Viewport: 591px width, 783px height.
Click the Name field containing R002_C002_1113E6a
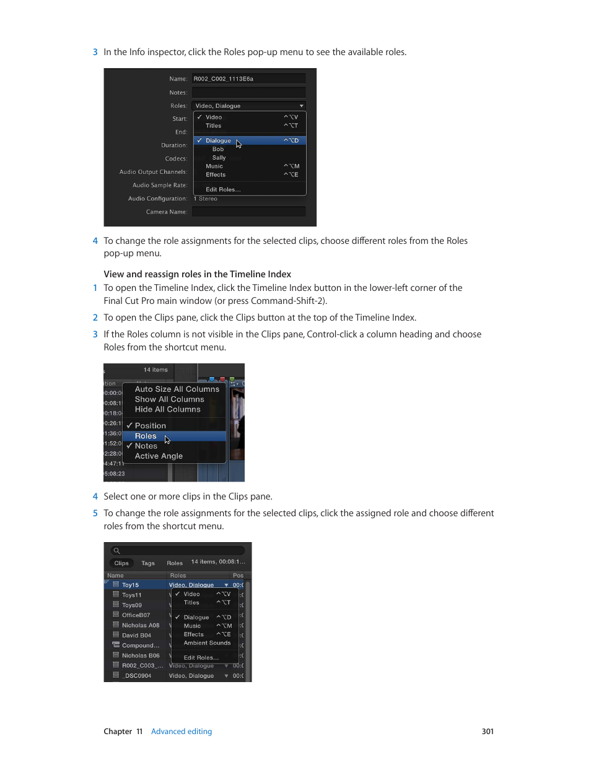point(248,79)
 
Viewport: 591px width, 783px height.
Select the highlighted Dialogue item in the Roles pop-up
point(218,141)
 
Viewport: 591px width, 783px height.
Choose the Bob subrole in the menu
point(218,149)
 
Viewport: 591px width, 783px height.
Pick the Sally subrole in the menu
point(219,158)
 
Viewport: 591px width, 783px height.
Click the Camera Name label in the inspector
point(166,212)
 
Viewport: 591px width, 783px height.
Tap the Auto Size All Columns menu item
point(177,389)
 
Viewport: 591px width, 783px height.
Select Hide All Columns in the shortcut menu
point(168,410)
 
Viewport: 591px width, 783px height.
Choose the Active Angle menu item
point(159,456)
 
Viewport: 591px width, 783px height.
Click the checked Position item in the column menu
point(151,426)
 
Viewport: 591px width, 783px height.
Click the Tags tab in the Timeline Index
point(148,563)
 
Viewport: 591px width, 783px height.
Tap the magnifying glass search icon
point(116,551)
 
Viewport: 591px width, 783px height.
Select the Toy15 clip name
point(131,585)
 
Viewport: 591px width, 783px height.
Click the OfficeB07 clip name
point(136,615)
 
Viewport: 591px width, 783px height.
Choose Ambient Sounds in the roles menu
point(207,643)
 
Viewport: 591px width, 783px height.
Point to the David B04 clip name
point(136,635)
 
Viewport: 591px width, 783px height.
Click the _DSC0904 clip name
point(136,676)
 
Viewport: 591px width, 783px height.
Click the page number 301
point(488,732)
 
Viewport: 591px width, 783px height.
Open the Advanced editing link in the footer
point(182,732)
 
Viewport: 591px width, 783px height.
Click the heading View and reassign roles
point(197,274)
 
